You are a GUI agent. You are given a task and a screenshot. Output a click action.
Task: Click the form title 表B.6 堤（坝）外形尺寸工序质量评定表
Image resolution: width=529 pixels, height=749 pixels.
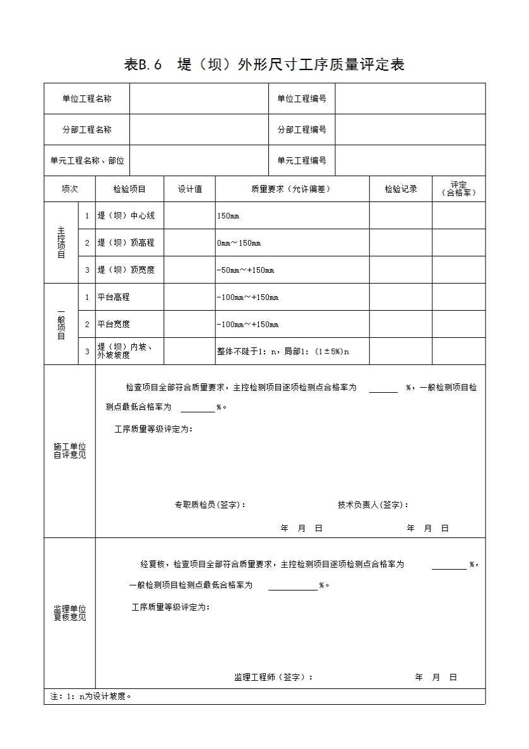[x=264, y=64]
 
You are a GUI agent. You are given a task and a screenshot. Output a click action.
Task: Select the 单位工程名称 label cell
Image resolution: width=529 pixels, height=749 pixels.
[x=87, y=99]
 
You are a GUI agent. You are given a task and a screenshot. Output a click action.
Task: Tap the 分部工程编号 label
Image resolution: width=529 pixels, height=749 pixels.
[x=302, y=129]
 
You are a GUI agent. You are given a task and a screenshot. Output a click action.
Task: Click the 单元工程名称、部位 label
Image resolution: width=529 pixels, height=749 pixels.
[x=87, y=160]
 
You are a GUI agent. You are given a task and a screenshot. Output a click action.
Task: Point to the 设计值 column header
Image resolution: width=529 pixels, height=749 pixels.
[x=189, y=189]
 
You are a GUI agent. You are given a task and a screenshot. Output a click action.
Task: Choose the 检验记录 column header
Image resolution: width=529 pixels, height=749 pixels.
[x=401, y=189]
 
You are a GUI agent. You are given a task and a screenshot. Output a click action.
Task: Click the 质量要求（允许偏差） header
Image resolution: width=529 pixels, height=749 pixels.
[x=292, y=189]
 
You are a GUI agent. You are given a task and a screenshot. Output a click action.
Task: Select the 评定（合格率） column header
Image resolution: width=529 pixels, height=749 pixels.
[x=459, y=189]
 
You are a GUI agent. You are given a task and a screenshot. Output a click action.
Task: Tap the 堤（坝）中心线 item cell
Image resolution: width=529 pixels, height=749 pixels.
[x=126, y=216]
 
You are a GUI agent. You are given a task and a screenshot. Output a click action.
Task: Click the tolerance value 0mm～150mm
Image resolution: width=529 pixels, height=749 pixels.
[x=239, y=243]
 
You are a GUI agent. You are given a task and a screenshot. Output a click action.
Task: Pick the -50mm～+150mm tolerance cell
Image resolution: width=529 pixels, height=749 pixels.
[x=246, y=270]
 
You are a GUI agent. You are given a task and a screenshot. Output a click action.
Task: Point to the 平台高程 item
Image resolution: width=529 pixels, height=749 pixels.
[x=114, y=297]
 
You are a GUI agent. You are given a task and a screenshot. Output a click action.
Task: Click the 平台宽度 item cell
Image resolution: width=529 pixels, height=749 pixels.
[x=114, y=324]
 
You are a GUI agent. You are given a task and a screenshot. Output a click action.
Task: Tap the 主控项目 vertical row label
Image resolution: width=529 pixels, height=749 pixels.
[x=61, y=243]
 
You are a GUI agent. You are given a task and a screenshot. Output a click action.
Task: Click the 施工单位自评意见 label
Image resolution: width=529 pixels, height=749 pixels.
[x=69, y=451]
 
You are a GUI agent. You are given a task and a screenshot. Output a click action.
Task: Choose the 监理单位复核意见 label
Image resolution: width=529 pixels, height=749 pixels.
[x=69, y=613]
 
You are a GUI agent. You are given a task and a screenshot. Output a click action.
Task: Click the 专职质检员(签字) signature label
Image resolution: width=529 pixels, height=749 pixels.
[x=210, y=505]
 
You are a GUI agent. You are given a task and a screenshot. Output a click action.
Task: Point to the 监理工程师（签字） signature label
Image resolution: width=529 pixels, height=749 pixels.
[x=273, y=677]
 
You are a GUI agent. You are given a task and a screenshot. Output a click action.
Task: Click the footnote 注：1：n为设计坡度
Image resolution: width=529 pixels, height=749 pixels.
[x=91, y=697]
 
